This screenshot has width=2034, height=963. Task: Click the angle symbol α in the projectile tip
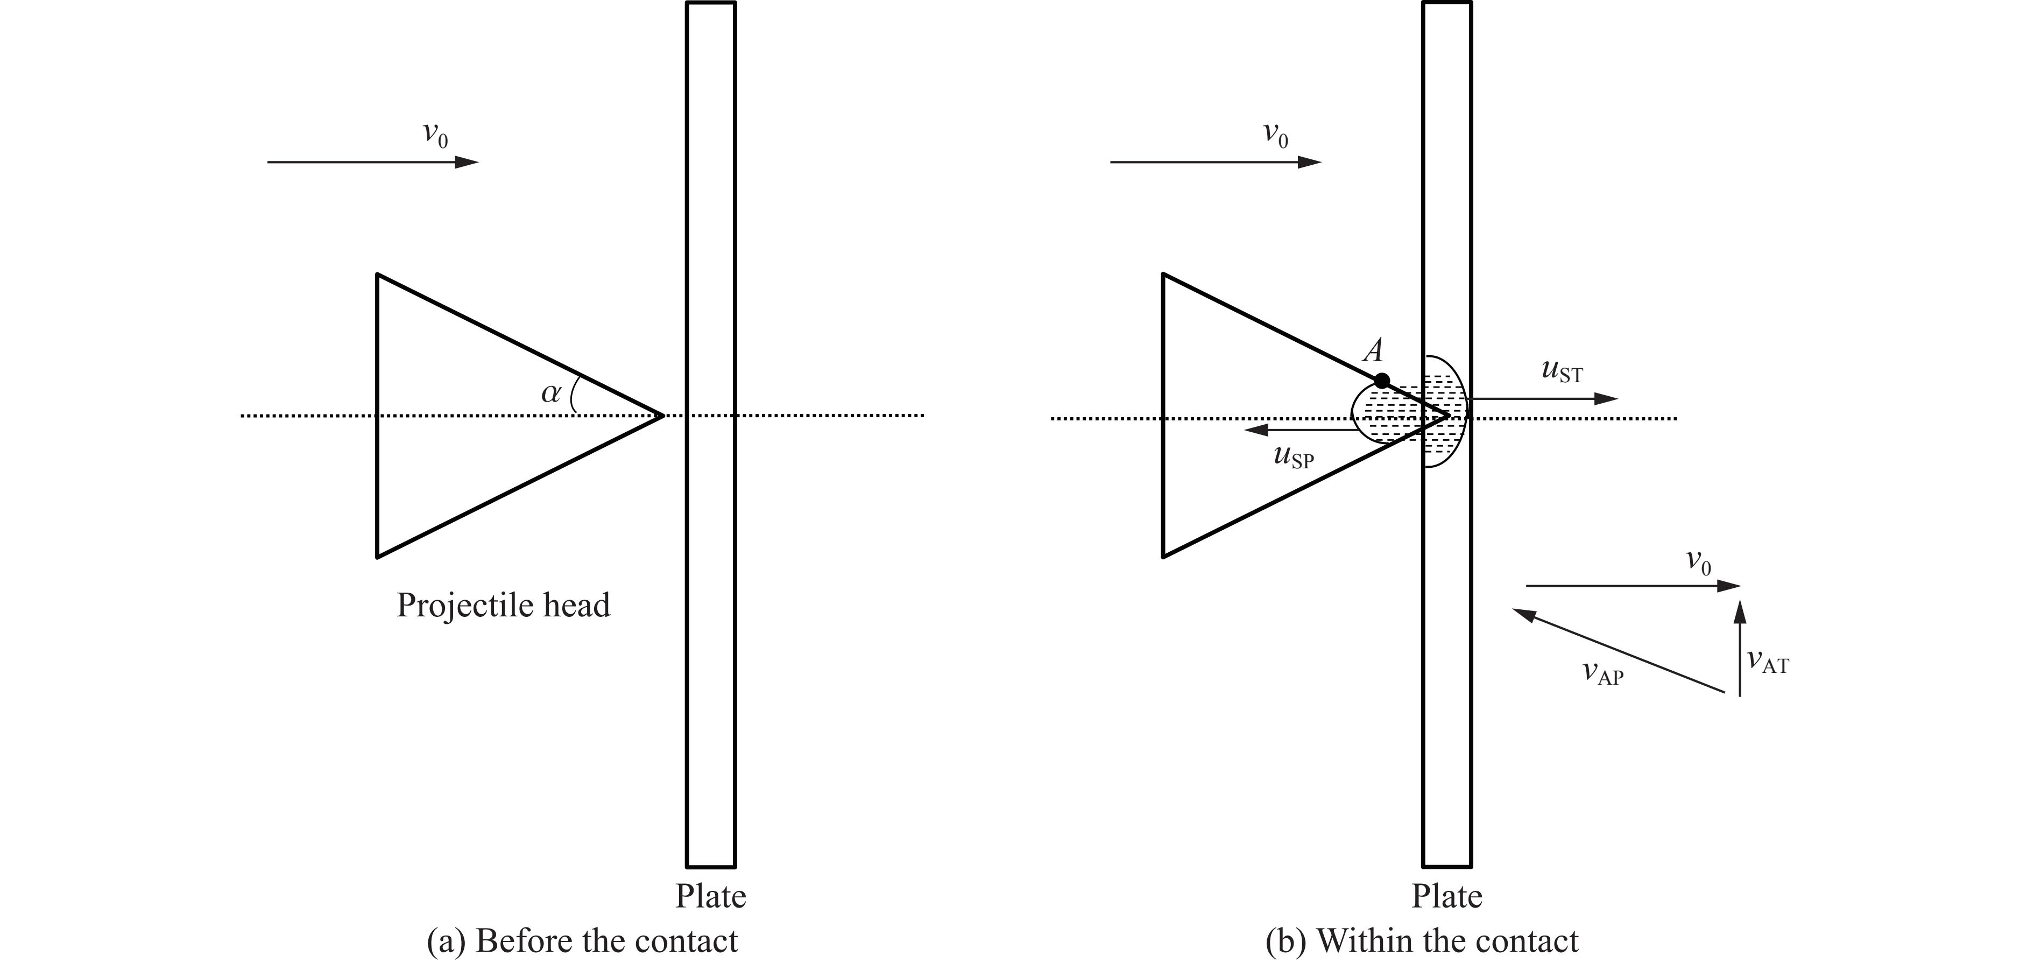[551, 392]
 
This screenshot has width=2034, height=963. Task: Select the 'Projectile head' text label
[504, 605]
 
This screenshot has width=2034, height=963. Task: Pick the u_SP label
[1294, 458]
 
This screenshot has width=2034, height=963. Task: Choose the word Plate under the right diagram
[1446, 896]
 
